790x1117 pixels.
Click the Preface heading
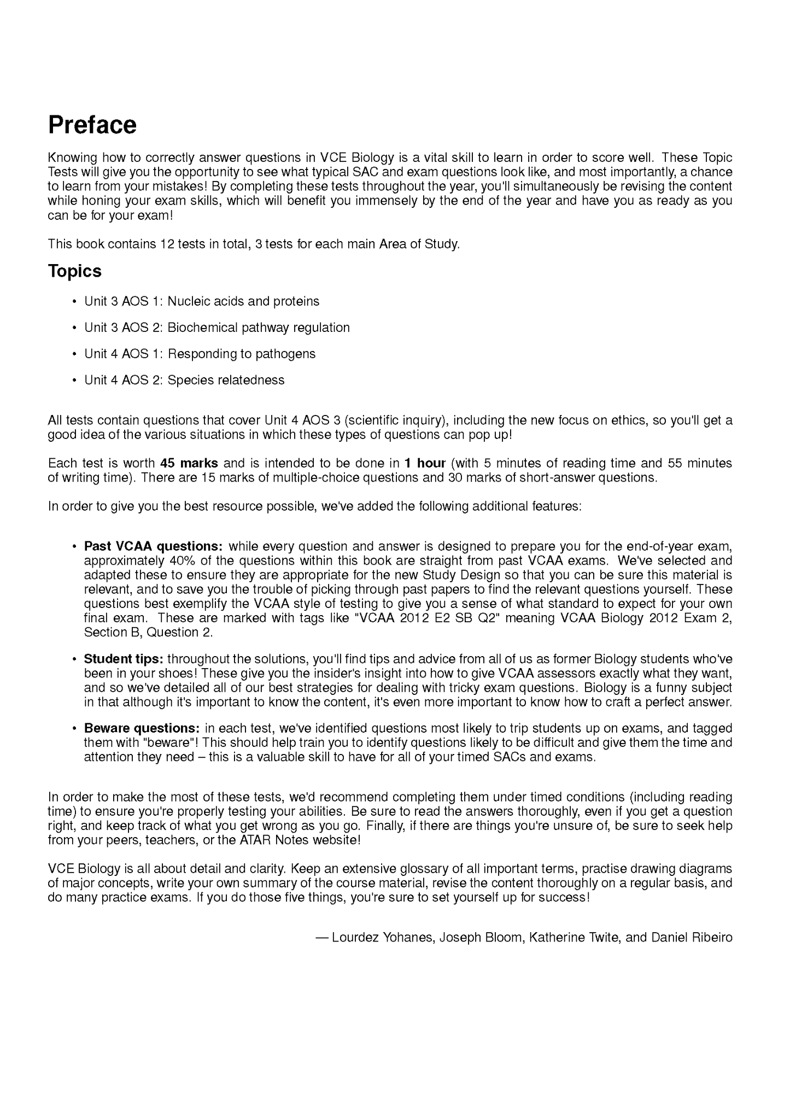[x=92, y=125]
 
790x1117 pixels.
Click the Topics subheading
[x=74, y=271]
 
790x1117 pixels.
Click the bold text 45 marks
[x=189, y=463]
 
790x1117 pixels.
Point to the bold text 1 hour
[x=425, y=463]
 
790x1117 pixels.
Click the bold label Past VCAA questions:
[x=153, y=546]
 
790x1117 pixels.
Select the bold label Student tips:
[x=124, y=659]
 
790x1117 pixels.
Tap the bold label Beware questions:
[x=142, y=728]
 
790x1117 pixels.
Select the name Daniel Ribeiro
[x=692, y=937]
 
